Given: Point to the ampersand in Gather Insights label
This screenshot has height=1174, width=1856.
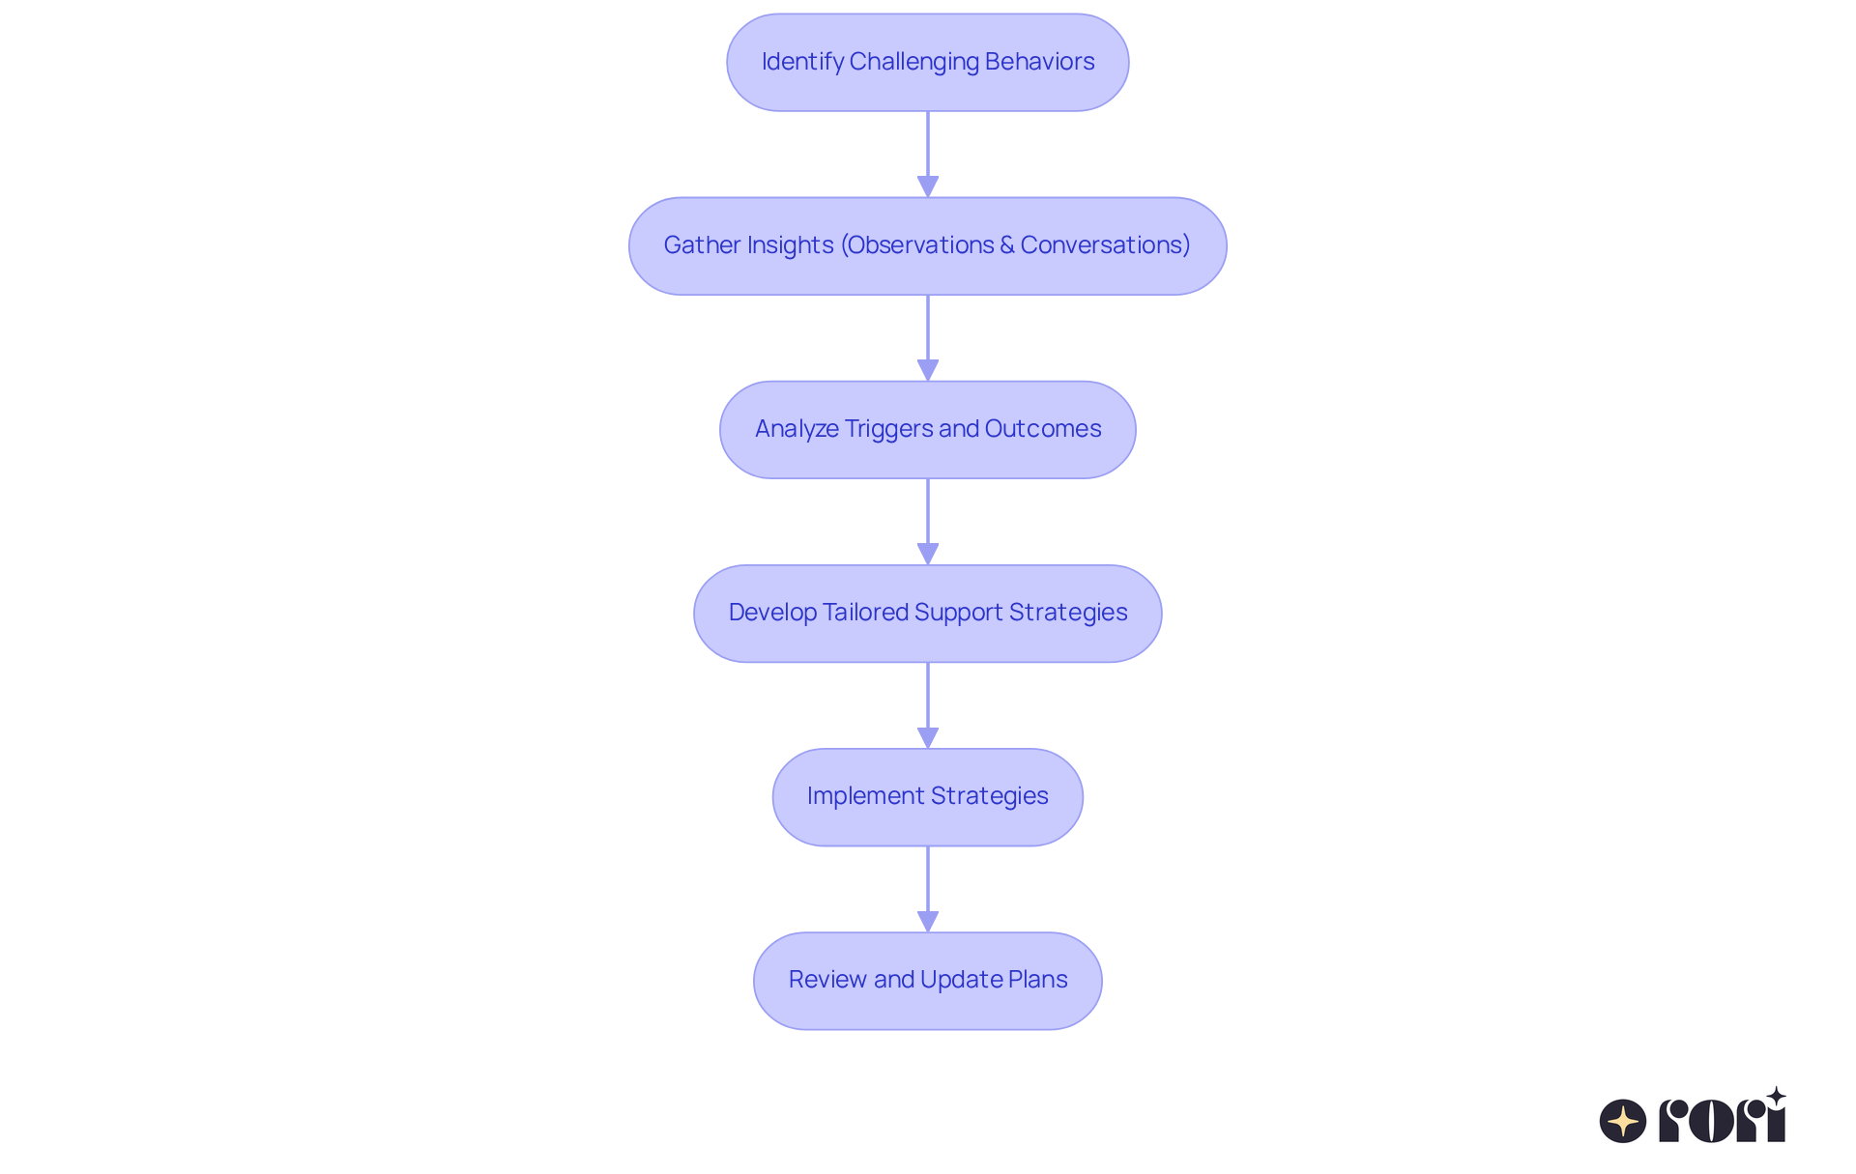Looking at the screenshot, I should click(1006, 245).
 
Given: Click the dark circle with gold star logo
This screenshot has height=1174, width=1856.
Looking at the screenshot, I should click(1622, 1121).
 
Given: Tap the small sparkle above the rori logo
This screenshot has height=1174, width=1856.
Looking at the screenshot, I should click(1776, 1097).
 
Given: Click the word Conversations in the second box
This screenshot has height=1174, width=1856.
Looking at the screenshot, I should click(1104, 245).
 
